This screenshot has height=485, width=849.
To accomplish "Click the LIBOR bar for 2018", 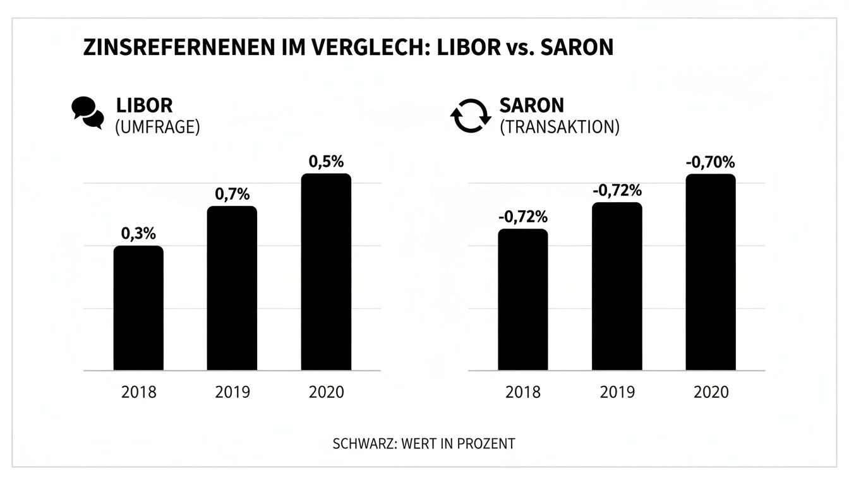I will point(138,308).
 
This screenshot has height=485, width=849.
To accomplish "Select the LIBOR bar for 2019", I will point(232,288).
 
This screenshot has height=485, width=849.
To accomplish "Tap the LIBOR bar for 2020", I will point(326,272).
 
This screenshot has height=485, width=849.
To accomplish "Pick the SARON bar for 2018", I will point(522,299).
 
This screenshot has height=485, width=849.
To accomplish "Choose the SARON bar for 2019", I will point(617,286).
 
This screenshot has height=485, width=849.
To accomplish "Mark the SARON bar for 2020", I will point(711,272).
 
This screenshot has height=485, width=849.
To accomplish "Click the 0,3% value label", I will point(138,234).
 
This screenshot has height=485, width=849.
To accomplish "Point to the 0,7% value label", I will point(232,194).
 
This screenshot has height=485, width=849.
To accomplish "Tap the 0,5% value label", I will point(326,161).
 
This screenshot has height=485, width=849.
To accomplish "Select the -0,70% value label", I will point(711,162).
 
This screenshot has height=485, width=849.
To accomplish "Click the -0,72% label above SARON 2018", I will point(522,217).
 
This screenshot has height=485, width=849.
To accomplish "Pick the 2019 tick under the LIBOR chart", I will point(232,392).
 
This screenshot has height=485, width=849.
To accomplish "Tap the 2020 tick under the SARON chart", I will point(711,392).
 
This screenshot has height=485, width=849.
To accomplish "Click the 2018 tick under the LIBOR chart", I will point(138,392).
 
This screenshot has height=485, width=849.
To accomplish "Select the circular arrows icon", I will point(470,116).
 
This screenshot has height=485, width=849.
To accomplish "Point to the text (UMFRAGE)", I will point(157,127).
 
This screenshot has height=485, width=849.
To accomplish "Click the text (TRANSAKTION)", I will point(559,127).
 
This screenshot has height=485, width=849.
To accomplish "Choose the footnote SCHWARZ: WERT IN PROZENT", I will point(424,443).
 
